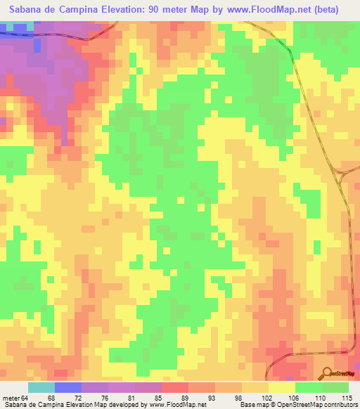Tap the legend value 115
pos(347,398)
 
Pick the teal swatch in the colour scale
pos(41,387)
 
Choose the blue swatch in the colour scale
pos(67,387)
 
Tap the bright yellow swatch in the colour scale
pos(281,387)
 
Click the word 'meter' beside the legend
pos(12,398)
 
